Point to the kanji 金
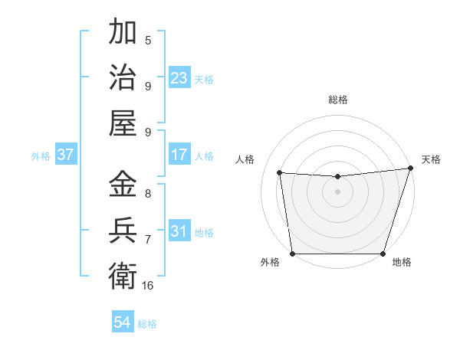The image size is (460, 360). [123, 185]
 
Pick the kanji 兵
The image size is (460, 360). [123, 230]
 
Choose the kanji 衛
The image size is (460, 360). [123, 274]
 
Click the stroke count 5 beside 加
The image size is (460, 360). [148, 40]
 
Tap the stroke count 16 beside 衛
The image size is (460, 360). [148, 285]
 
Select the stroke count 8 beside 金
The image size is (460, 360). [148, 194]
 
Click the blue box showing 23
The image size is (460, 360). [179, 78]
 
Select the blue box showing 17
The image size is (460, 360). [179, 155]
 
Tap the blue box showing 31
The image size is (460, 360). [179, 231]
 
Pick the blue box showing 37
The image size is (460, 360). [66, 155]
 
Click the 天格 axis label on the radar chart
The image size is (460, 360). [431, 159]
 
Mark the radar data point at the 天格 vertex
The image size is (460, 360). [410, 169]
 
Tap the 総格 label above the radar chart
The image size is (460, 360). [338, 100]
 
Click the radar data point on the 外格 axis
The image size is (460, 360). [292, 254]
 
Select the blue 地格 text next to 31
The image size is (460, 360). [204, 232]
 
